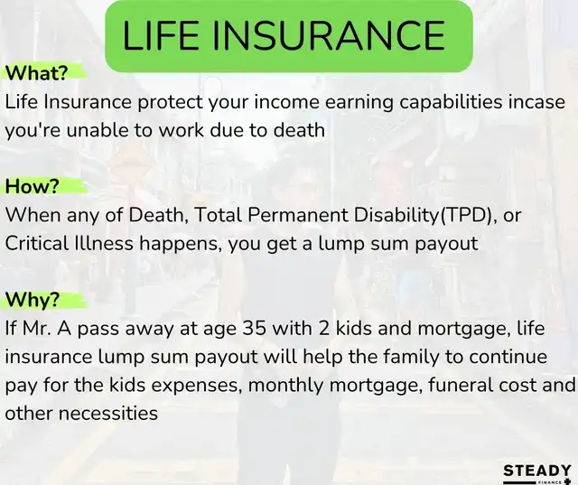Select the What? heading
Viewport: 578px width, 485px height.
36,72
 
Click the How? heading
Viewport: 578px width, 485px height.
33,186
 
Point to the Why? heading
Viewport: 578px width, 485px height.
33,300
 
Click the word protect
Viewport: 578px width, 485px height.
170,102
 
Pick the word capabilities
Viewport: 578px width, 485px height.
451,102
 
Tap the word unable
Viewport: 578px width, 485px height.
97,130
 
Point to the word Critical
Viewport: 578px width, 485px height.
37,243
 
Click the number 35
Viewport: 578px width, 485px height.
254,329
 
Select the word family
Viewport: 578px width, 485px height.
411,357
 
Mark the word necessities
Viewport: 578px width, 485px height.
108,413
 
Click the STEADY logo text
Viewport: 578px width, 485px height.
537,471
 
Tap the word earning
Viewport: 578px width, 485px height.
359,103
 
